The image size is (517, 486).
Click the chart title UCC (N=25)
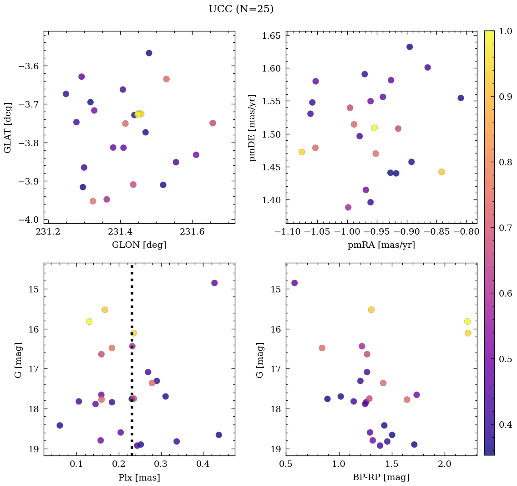point(241,9)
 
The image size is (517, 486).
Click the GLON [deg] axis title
point(139,245)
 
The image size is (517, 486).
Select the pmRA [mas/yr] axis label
point(381,245)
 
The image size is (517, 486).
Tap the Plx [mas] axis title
point(139,477)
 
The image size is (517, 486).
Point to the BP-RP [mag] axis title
point(381,477)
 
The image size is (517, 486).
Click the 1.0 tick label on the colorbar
point(505,31)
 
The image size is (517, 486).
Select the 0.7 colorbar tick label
point(505,228)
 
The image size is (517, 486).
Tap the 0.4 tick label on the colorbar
point(505,425)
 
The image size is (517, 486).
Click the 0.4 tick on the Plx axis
point(203,465)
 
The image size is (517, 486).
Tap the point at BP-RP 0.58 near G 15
point(294,283)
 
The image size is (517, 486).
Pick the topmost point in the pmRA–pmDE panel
point(410,47)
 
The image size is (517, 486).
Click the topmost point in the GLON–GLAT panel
point(149,53)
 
